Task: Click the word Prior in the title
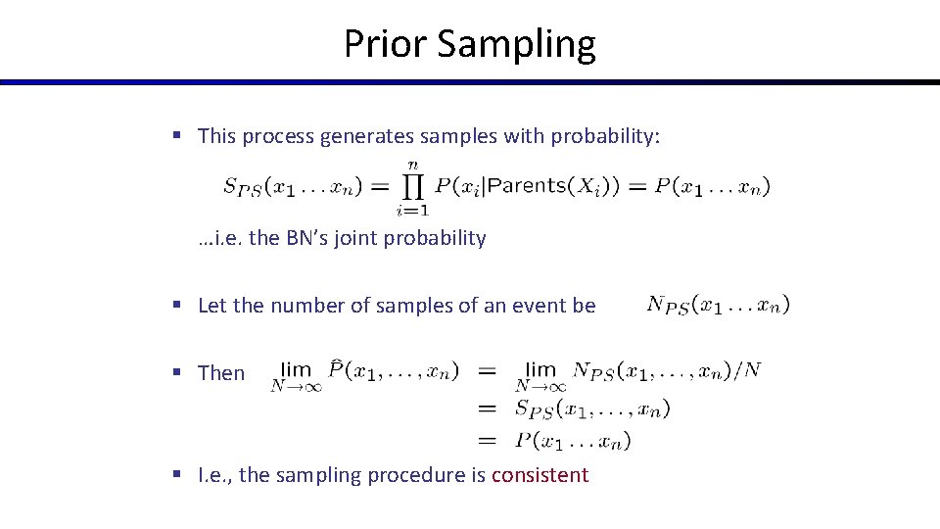coord(385,44)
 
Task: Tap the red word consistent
coord(540,475)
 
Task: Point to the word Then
coord(221,373)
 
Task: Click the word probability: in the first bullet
coord(605,136)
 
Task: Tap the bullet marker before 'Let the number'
coord(177,306)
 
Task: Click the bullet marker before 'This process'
coord(177,136)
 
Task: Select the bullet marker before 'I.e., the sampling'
coord(177,475)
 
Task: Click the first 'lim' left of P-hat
coord(296,369)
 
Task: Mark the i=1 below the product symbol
coord(411,209)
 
